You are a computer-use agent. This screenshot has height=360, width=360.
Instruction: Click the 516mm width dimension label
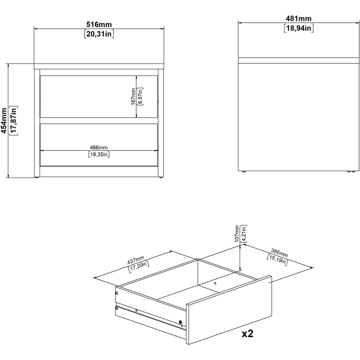point(99,25)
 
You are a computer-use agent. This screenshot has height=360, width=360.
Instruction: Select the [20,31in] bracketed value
point(99,34)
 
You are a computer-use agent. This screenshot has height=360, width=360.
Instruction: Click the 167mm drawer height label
point(133,96)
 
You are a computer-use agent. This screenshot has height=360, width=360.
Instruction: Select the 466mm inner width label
point(99,148)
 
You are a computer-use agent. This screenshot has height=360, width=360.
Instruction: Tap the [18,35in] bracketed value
point(99,154)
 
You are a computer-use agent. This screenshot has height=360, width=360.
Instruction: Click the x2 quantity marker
point(247,334)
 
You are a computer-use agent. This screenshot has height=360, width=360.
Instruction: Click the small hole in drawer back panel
point(215,283)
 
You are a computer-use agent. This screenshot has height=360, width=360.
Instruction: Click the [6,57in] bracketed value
point(140,96)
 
